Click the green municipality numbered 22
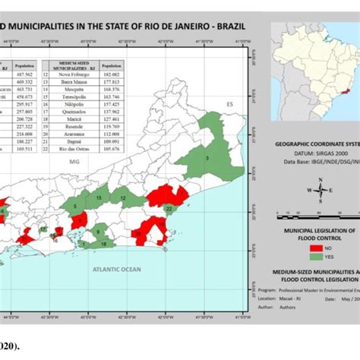click(169, 207)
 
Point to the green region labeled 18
click(104, 244)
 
